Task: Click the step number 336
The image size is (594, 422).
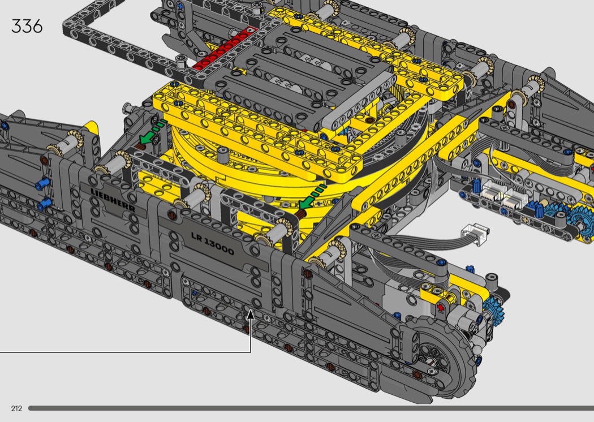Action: (27, 26)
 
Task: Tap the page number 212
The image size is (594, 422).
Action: (16, 408)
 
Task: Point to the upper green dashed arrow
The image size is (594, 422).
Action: (152, 132)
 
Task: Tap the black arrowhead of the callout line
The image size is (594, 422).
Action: (251, 315)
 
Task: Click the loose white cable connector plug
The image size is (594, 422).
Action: (475, 231)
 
